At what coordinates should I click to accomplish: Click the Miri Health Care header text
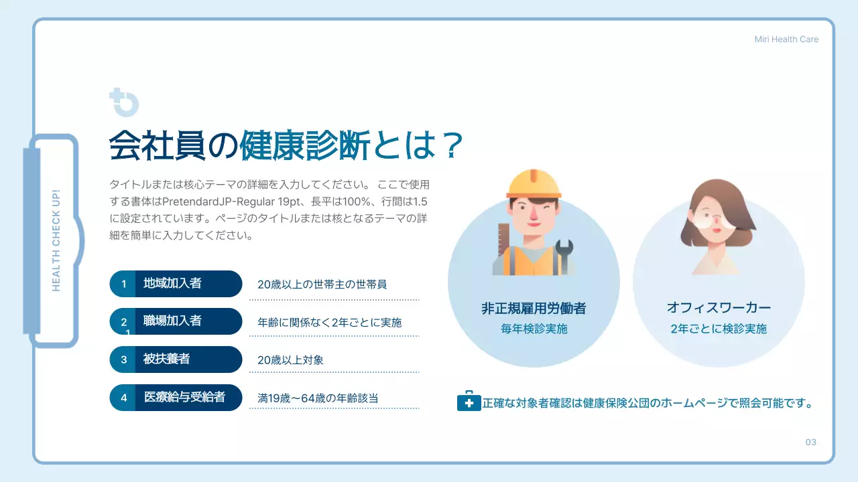(x=786, y=39)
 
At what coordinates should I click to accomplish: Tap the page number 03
(x=811, y=442)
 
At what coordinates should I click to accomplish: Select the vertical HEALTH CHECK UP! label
(x=56, y=240)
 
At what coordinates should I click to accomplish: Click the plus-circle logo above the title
(x=123, y=102)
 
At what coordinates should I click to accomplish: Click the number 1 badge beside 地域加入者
(x=124, y=284)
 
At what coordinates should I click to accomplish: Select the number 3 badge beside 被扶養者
(x=124, y=359)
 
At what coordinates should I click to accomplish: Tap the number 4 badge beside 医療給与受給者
(x=124, y=398)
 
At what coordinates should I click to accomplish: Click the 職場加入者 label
(x=172, y=321)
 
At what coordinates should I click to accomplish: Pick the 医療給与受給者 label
(x=184, y=398)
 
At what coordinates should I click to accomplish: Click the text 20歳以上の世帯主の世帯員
(x=322, y=285)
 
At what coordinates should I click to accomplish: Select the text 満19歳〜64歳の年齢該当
(x=318, y=398)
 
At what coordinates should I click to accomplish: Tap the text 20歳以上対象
(x=290, y=360)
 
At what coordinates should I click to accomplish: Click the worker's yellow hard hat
(x=534, y=183)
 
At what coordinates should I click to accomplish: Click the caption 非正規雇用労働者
(x=534, y=309)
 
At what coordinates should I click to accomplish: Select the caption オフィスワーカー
(x=719, y=309)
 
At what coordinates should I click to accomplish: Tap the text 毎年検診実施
(x=534, y=329)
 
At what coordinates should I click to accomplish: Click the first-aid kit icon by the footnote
(x=469, y=402)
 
